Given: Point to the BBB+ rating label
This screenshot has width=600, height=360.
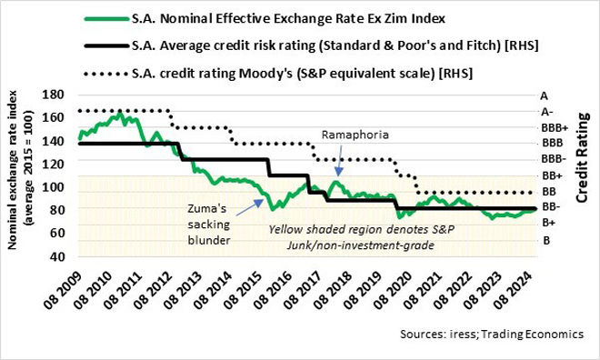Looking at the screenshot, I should (552, 127).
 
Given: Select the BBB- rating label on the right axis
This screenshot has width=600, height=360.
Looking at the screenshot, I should (551, 159).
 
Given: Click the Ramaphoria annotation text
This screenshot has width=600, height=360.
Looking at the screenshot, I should (355, 134).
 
